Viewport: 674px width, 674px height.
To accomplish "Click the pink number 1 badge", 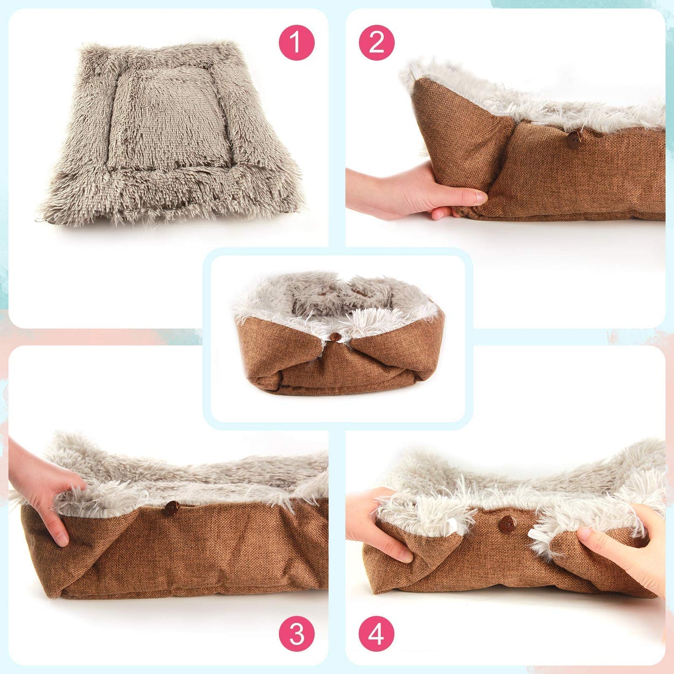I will pos(296,42).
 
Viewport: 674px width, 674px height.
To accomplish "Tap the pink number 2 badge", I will pos(376,42).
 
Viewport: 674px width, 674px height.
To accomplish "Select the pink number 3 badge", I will pos(297,634).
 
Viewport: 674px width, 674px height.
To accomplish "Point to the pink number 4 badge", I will pos(376,634).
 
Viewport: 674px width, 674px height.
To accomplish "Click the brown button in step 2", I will pos(574,139).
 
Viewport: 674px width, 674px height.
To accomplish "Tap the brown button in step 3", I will pos(171,508).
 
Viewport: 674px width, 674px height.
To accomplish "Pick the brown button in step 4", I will pos(507,524).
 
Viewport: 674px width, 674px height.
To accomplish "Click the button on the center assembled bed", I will pos(334,337).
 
